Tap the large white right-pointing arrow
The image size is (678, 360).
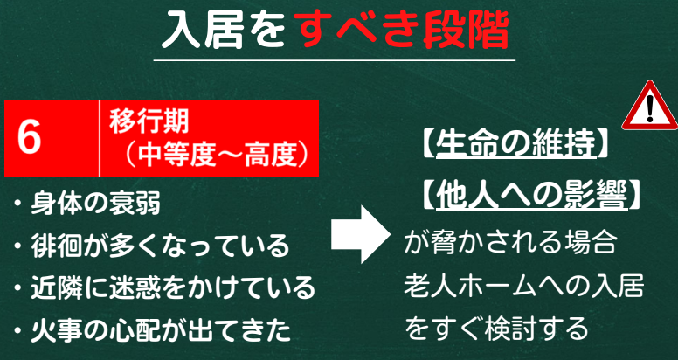[361, 234]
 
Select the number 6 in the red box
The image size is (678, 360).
[30, 138]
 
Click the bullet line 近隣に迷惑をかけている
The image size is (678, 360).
[164, 287]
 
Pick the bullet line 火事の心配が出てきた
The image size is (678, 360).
[152, 330]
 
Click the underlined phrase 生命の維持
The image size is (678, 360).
[515, 144]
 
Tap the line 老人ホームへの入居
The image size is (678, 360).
[523, 286]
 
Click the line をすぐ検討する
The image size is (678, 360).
[496, 329]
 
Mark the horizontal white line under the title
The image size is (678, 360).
[335, 60]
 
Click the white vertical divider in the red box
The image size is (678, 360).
[100, 139]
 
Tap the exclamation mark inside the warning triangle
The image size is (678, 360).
[650, 108]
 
